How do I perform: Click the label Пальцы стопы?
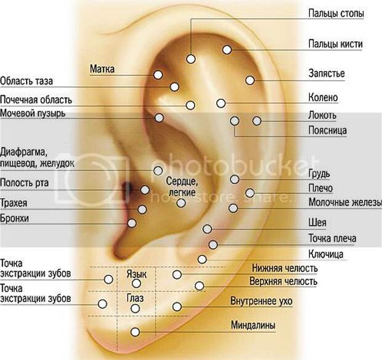click(336, 13)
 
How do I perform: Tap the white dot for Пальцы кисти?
click(227, 50)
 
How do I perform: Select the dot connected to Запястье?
click(250, 80)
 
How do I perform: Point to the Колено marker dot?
click(221, 103)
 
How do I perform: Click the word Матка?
click(102, 69)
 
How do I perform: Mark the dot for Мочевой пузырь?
click(160, 118)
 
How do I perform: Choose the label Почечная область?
click(36, 100)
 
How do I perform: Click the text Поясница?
click(327, 130)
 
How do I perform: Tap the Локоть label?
click(322, 115)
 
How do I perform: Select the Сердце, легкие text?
click(182, 186)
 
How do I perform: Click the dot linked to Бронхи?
click(132, 223)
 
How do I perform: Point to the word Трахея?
click(14, 202)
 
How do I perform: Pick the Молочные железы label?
click(345, 202)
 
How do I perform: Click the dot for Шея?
click(207, 229)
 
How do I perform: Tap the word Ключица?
click(326, 254)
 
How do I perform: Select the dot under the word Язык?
click(136, 283)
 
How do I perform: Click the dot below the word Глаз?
click(135, 309)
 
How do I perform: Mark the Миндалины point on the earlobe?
click(135, 332)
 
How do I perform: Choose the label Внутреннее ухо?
click(261, 301)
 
